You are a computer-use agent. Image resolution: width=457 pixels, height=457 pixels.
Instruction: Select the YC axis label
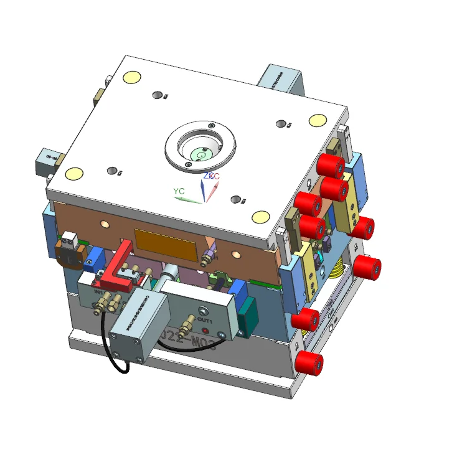pos(179,191)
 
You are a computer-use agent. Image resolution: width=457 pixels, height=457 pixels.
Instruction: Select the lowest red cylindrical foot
pos(309,363)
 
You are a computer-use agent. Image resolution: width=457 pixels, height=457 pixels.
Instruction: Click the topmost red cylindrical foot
pos(330,166)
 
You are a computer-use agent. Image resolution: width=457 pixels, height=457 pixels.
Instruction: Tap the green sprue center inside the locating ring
pos(201,151)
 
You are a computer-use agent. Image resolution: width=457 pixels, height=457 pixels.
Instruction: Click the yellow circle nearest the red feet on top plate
pos(318,120)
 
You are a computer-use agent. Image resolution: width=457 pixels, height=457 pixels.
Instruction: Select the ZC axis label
pos(211,176)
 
